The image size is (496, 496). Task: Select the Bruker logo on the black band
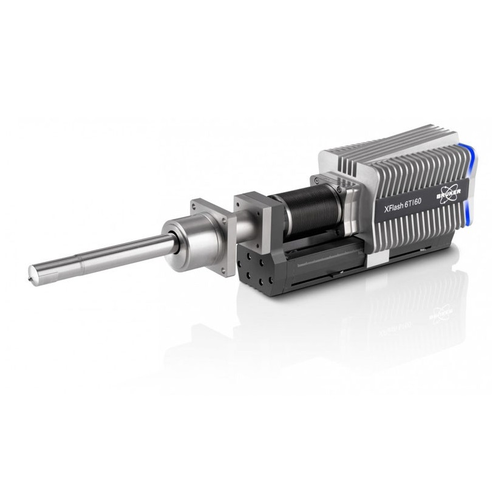pyautogui.click(x=449, y=193)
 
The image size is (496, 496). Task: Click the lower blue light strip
pyautogui.click(x=468, y=213)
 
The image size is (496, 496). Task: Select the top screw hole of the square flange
pyautogui.click(x=194, y=205)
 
